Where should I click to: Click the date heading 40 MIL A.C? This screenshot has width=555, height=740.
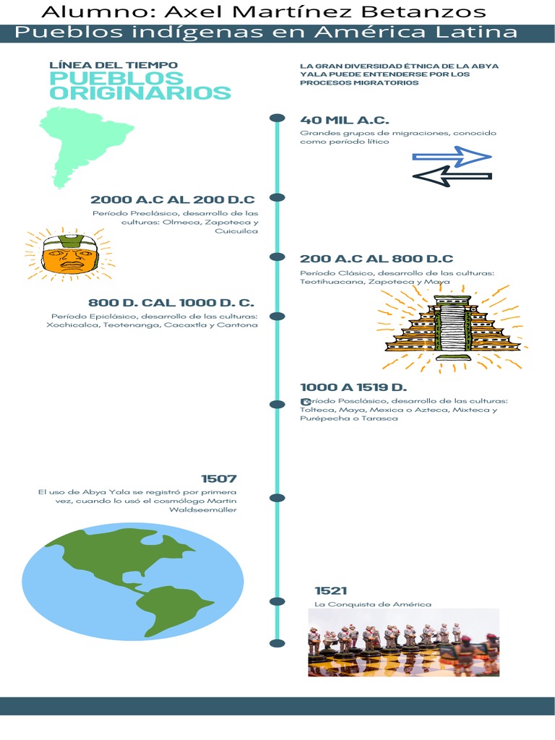(344, 120)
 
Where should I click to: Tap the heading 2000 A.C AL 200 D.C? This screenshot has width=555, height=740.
(173, 199)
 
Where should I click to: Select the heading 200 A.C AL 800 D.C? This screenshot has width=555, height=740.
(377, 259)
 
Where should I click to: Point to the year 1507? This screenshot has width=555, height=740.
(219, 478)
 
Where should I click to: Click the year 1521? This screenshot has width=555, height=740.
(331, 591)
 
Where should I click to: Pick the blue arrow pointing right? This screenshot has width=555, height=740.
(452, 157)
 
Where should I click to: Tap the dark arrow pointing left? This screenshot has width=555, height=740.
(452, 176)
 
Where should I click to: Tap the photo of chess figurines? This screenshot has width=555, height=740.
(403, 642)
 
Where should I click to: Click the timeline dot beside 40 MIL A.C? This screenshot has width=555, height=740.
(277, 118)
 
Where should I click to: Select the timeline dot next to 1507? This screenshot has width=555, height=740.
(277, 498)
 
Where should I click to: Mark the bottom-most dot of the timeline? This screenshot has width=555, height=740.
(277, 643)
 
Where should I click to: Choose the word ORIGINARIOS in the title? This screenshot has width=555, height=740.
(140, 92)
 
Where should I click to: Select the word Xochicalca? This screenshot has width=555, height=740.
(72, 325)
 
